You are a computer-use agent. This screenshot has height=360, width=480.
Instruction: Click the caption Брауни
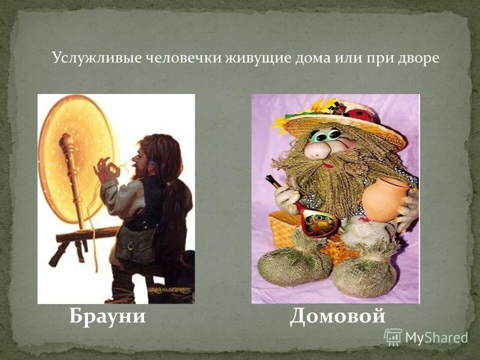[x=107, y=316]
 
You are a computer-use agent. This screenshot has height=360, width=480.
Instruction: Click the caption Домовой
[x=337, y=316]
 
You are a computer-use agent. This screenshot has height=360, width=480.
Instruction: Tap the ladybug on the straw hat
[x=362, y=114]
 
